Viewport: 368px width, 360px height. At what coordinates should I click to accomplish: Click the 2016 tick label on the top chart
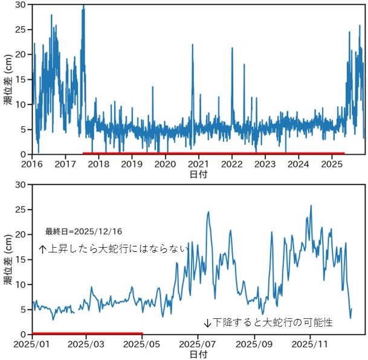point(31,164)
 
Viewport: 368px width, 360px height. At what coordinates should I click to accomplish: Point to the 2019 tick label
point(132,164)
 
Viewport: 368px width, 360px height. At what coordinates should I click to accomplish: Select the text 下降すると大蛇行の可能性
point(268,323)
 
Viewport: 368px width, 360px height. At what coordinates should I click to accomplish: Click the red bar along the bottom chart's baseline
point(87,333)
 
